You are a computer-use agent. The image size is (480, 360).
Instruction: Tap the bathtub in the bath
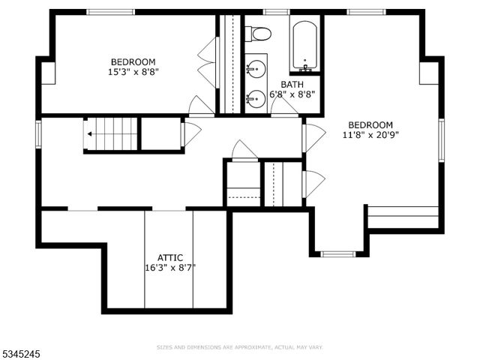305,45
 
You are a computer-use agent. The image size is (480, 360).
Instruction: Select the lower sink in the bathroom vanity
256,97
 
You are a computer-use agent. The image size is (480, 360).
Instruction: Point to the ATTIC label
169,257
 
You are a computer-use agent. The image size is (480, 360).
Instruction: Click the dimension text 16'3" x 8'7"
170,267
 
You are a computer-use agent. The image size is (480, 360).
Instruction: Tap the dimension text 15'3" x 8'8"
133,72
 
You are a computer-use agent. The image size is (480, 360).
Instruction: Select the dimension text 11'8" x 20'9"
370,135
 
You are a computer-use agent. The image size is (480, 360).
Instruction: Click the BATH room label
292,84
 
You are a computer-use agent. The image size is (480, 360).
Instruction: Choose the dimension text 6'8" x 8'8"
292,94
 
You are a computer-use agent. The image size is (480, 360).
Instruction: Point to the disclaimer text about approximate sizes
239,347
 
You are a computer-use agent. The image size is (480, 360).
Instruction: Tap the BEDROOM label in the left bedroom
133,61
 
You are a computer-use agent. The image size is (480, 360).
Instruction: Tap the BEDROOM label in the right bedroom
370,124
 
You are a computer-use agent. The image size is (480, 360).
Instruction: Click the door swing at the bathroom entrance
284,107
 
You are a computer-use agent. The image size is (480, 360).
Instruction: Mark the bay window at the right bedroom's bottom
338,254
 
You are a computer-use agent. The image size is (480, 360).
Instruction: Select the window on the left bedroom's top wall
110,12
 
